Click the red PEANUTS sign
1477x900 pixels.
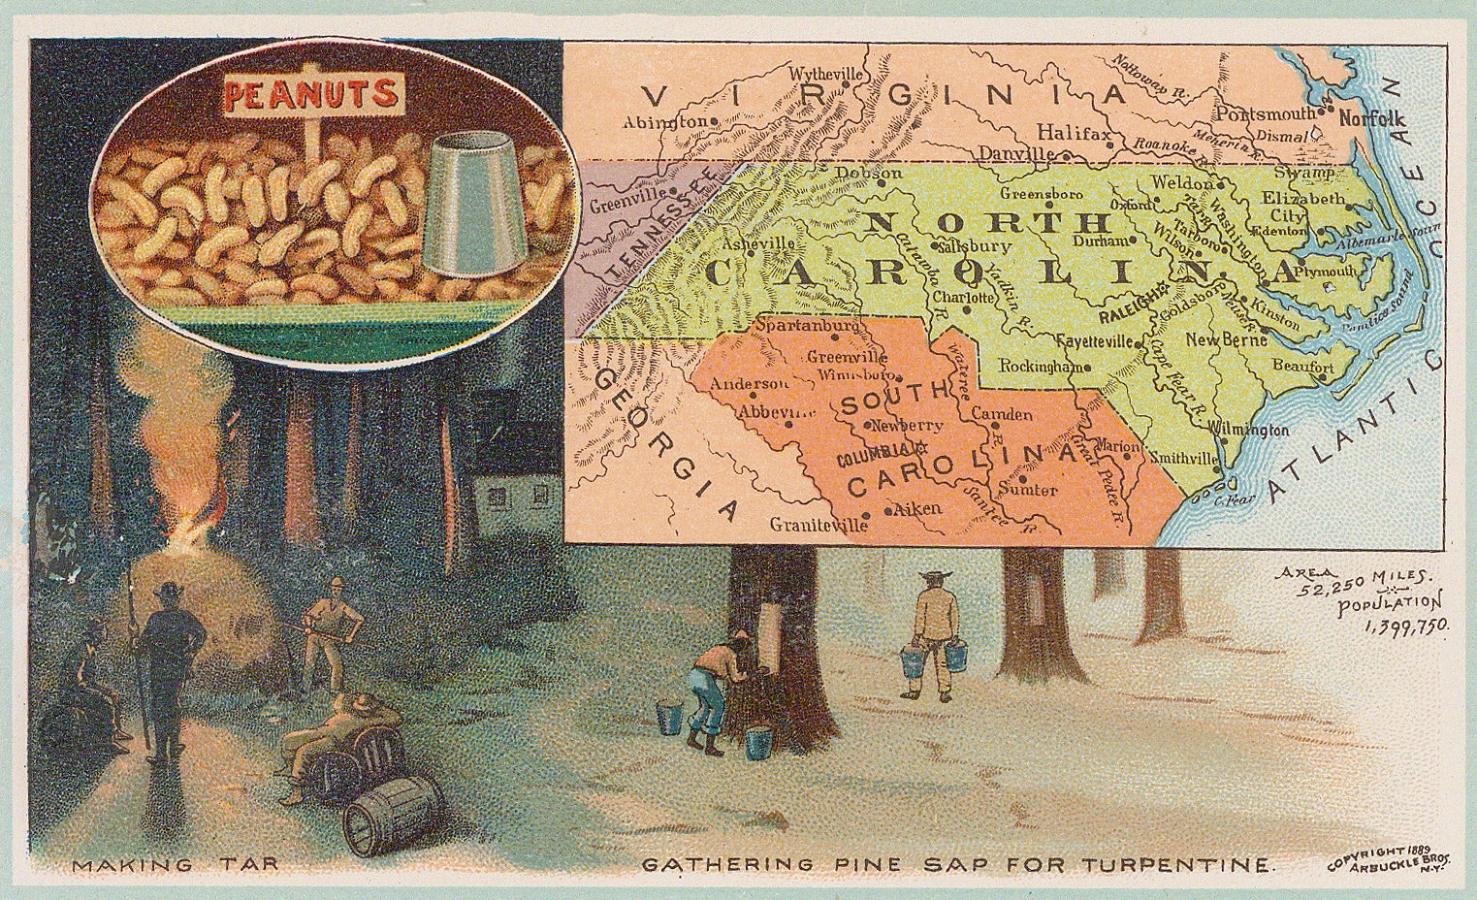click(311, 94)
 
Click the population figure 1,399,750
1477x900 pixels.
click(1405, 627)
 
